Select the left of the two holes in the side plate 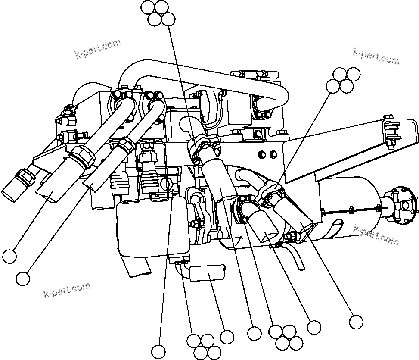point(262,154)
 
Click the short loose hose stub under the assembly point(207,273)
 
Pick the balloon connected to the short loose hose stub point(227,337)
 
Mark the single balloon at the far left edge point(9,256)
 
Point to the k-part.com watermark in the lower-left point(67,290)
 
